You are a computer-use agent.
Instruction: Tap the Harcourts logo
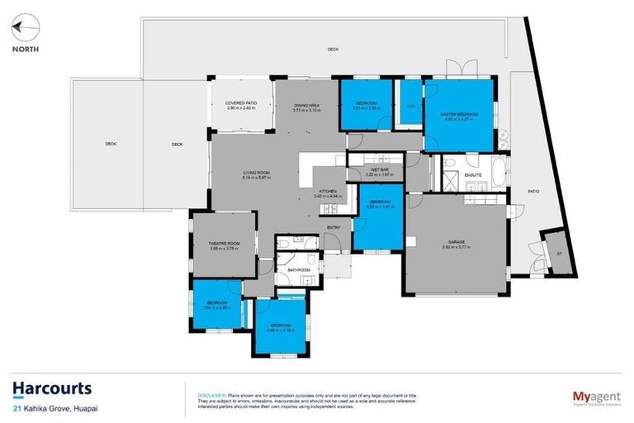click(51, 388)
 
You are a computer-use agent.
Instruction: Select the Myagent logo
click(597, 396)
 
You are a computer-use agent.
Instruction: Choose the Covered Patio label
click(241, 103)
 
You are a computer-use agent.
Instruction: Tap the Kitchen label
click(329, 191)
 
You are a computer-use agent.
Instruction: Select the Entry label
click(334, 227)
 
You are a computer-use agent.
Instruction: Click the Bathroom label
click(298, 270)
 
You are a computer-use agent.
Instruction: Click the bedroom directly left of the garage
click(378, 215)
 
